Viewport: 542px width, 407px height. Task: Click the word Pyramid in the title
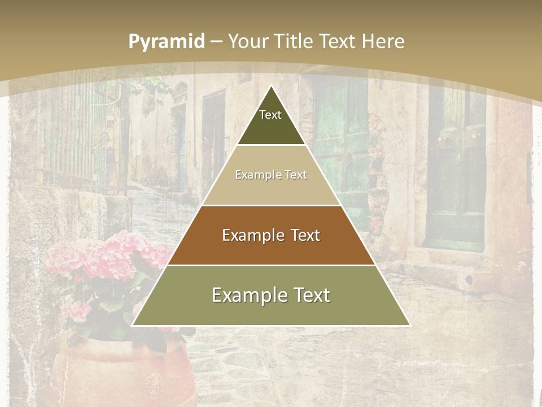[x=167, y=42]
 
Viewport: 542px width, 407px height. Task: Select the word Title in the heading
[x=295, y=41]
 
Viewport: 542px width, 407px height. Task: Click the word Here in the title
[x=383, y=41]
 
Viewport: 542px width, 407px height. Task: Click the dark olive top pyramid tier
[x=271, y=127]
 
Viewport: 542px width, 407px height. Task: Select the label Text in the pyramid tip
[x=270, y=115]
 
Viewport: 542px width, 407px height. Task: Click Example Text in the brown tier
[x=271, y=235]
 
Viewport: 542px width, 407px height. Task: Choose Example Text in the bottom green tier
[x=271, y=295]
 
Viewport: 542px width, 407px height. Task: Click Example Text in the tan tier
[x=271, y=175]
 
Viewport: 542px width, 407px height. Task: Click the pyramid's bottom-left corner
[x=133, y=325]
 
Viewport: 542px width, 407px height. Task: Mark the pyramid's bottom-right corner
[x=409, y=325]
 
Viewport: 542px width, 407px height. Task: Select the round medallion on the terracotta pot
[x=154, y=384]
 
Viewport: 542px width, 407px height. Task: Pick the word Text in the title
[x=338, y=41]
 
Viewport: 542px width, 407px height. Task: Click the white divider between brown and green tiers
[x=271, y=265]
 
